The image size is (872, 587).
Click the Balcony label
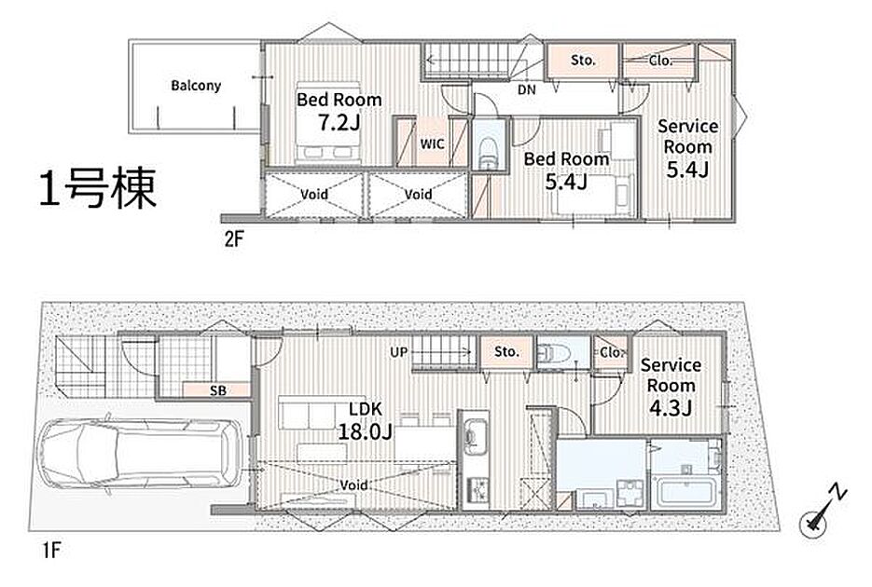coord(196,86)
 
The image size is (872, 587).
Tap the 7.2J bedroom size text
coord(339,123)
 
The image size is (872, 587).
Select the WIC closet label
coord(432,144)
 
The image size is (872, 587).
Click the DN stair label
coord(527,89)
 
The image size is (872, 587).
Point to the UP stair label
coord(399,352)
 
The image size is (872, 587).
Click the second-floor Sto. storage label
coord(583,60)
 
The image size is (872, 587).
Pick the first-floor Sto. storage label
coord(506,351)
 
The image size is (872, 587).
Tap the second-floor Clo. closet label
coord(660,60)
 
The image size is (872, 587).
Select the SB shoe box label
coord(218,390)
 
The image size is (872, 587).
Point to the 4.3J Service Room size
coord(671,408)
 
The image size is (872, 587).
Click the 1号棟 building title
coord(98,188)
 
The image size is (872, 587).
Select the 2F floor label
coord(234,239)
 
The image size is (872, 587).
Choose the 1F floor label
coord(50,551)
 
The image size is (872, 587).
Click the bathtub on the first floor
coord(687,494)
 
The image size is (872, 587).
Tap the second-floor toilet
coord(489,151)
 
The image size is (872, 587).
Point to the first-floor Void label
coord(353,485)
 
